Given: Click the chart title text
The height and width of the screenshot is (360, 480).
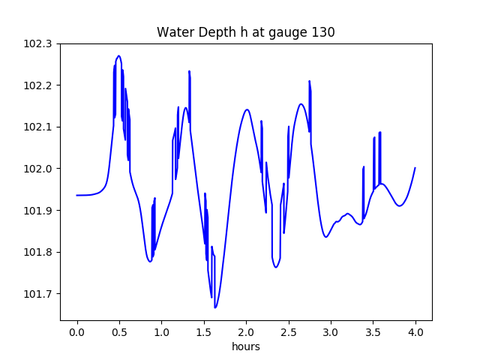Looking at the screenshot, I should (245, 32).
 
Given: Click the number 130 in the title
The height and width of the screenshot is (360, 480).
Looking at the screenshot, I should (324, 32).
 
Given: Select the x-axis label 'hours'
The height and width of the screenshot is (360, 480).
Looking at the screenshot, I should (245, 346).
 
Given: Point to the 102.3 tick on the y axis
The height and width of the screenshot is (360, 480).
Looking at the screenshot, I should (38, 43).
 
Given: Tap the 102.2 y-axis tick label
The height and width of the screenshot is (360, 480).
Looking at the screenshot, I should (38, 85).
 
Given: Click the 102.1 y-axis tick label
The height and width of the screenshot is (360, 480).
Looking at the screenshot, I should (38, 127).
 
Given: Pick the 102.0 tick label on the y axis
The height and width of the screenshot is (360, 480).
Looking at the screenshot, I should (38, 169).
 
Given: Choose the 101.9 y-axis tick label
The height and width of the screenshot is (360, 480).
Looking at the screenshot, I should (38, 211).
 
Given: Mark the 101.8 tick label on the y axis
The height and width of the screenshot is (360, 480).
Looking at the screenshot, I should (38, 252).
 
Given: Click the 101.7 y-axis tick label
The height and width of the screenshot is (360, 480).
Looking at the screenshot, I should (38, 294).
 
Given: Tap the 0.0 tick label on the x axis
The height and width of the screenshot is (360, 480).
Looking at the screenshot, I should (76, 331).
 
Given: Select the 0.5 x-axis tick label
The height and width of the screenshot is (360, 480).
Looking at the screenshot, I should (119, 331).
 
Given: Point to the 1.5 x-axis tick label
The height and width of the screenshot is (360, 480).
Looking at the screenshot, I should (204, 331).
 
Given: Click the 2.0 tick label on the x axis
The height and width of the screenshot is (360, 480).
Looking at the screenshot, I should (246, 331).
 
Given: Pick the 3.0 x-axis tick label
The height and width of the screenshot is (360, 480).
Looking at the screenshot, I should (331, 331).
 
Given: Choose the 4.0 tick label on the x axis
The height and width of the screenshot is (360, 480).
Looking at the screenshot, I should (415, 331).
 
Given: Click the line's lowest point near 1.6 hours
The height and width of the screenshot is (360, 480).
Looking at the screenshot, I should (215, 307).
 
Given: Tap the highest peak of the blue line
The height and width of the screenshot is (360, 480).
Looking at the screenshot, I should (118, 55).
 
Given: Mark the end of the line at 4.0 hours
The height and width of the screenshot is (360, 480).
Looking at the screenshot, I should (415, 168).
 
